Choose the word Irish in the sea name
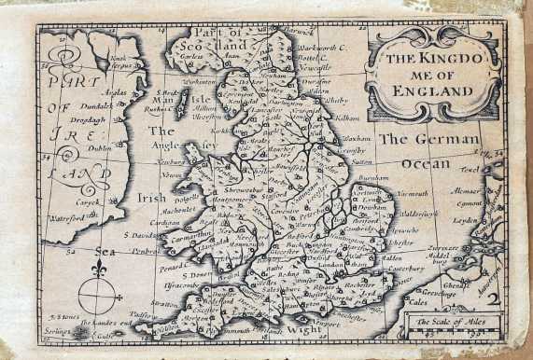[152, 198]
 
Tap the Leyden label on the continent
[465, 222]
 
